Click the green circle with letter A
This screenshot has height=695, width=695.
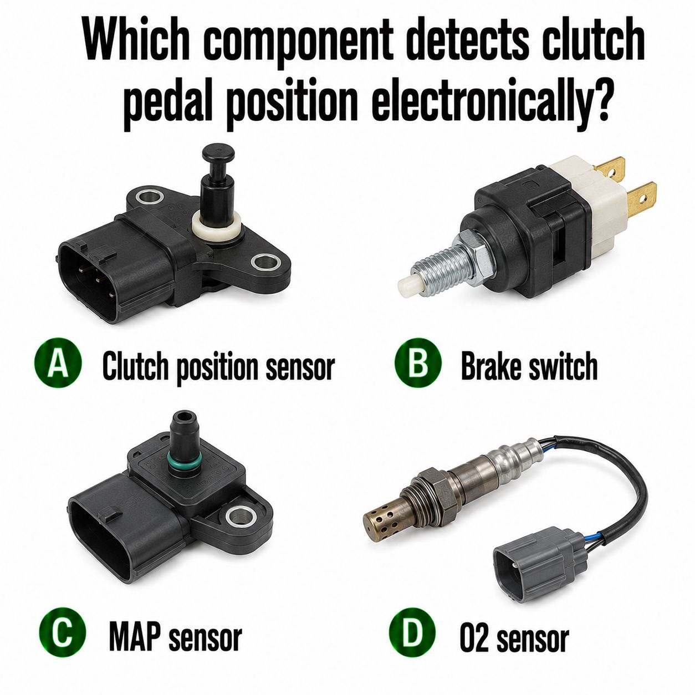(x=58, y=362)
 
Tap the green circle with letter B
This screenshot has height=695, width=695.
(x=418, y=362)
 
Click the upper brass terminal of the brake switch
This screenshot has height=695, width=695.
(x=610, y=172)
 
